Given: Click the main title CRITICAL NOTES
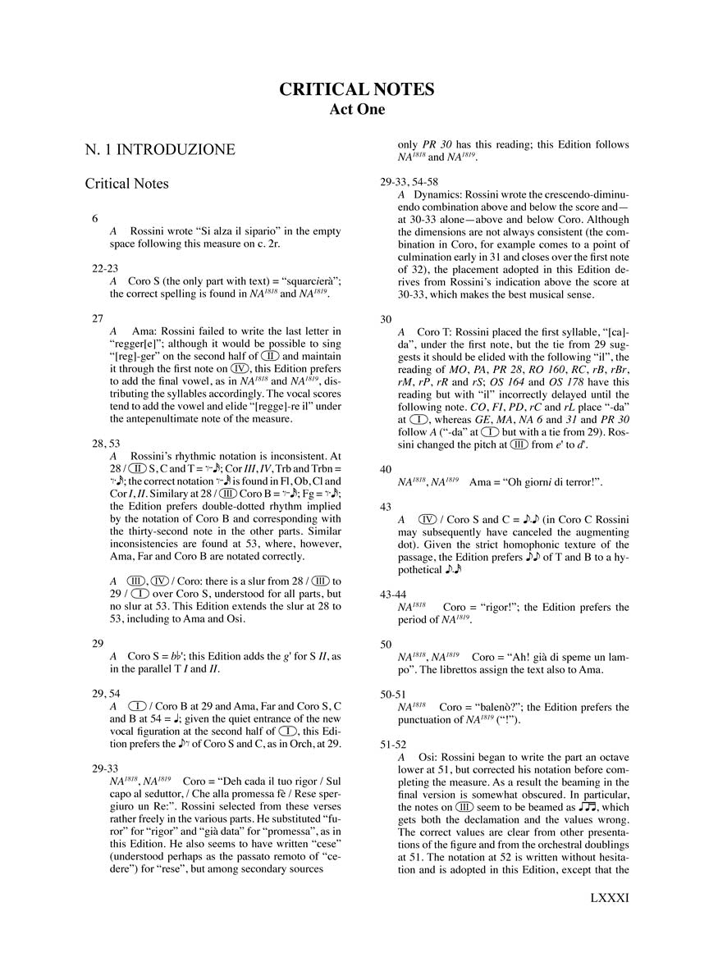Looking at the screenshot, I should [x=356, y=89].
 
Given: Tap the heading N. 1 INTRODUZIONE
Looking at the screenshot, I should [x=160, y=149].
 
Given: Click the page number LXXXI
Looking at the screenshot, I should [x=608, y=921].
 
